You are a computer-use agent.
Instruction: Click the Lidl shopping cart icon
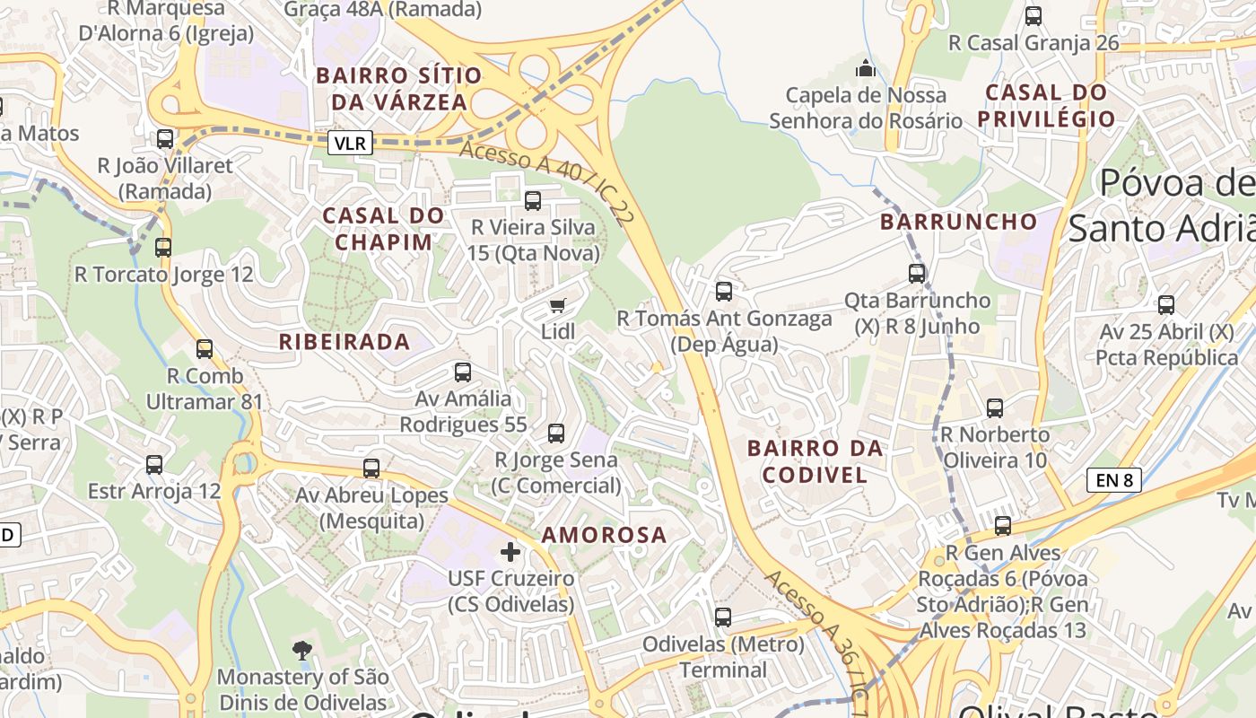coord(558,306)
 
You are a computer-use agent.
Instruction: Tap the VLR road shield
coord(350,143)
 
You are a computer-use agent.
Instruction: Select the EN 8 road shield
coord(1113,480)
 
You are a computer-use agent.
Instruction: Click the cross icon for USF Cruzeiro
coord(510,551)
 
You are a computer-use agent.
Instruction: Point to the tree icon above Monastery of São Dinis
coord(302,650)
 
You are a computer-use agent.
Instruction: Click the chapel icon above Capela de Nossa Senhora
coord(865,68)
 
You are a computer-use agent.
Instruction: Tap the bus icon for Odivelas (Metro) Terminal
coord(723,617)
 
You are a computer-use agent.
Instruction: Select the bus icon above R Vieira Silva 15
coord(533,201)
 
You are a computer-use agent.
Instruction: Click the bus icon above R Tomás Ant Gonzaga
coord(724,292)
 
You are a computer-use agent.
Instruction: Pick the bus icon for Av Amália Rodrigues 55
coord(463,372)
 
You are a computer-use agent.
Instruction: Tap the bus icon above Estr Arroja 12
coord(154,465)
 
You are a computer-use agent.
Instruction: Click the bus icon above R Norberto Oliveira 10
coord(995,408)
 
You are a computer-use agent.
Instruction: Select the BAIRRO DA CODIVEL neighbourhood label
coord(815,461)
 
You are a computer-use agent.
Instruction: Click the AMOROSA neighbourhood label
coord(605,535)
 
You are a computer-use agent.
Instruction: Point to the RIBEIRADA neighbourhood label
coord(345,342)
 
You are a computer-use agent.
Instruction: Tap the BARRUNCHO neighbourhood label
coord(958,222)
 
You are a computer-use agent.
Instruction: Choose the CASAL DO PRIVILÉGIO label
coord(1046,105)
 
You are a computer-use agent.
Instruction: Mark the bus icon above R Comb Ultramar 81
coord(205,349)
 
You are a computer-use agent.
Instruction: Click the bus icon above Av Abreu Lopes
coord(371,468)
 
